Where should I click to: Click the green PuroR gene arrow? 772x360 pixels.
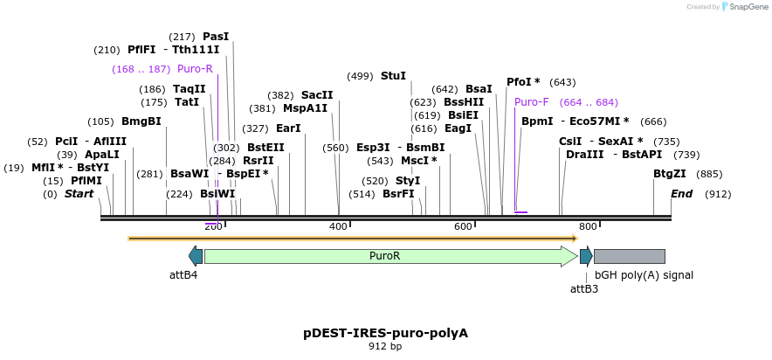(x=384, y=256)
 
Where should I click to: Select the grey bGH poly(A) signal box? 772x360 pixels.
(x=629, y=256)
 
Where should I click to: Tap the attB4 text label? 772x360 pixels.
(x=183, y=275)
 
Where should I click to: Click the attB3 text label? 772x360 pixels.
(x=584, y=288)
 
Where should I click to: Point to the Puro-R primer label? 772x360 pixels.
(x=195, y=69)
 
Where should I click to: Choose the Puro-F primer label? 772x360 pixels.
(x=532, y=102)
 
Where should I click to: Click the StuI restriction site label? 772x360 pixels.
(x=393, y=76)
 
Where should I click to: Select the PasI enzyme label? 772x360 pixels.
(x=216, y=37)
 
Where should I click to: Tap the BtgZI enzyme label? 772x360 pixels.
(x=669, y=174)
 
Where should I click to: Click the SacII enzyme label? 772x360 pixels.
(x=317, y=95)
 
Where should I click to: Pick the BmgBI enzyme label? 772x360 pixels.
(x=141, y=121)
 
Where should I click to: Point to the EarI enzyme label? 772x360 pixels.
(x=288, y=128)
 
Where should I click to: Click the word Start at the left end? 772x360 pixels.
(x=79, y=194)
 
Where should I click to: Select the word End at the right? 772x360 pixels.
(x=681, y=194)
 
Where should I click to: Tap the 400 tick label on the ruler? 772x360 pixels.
(x=339, y=227)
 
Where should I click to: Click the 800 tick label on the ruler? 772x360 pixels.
(x=588, y=227)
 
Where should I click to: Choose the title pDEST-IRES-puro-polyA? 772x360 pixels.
(x=385, y=333)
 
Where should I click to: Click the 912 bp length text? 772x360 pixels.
(x=385, y=347)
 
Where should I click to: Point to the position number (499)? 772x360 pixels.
(x=360, y=77)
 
